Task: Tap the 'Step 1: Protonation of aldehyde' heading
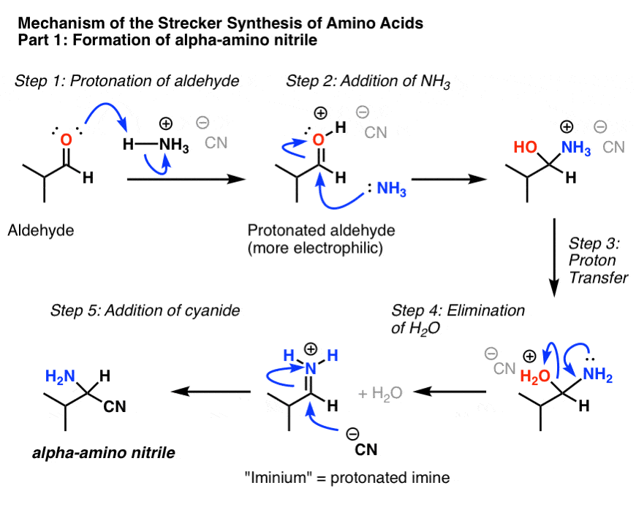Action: (127, 80)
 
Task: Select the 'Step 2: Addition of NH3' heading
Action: (368, 81)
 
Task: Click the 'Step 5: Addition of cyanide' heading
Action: (145, 310)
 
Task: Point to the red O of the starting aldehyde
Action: (66, 140)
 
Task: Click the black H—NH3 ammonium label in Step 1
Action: (156, 144)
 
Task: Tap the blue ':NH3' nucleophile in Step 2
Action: (387, 188)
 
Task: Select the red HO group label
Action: (526, 147)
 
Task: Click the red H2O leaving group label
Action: (535, 376)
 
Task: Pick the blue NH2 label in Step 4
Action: (597, 375)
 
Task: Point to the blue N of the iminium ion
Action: (310, 368)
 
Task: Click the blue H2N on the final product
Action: (60, 376)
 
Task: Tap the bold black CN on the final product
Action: (115, 406)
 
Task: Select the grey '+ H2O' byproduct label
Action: (380, 393)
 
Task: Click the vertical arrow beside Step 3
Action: (554, 258)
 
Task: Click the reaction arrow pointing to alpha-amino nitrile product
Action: (211, 392)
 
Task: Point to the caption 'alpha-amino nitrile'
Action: (104, 452)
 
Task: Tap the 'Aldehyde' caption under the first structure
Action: (41, 231)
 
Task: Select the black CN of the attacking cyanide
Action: (366, 449)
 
